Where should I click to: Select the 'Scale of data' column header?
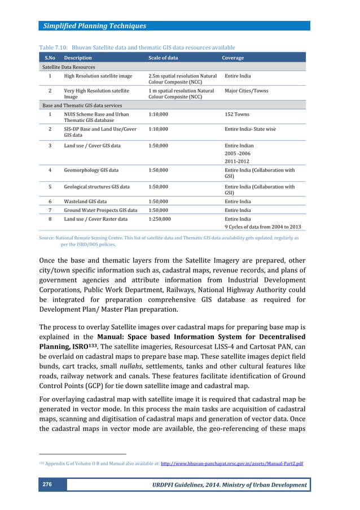[x=163, y=58]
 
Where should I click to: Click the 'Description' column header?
[x=78, y=58]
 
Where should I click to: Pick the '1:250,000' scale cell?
[x=160, y=219]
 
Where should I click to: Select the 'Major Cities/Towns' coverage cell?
[x=247, y=90]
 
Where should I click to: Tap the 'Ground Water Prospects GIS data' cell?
[x=100, y=210]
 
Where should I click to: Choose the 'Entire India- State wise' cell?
[x=251, y=129]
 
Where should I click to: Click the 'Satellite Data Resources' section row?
[x=68, y=67]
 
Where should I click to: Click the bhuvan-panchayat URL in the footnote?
[x=232, y=464]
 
